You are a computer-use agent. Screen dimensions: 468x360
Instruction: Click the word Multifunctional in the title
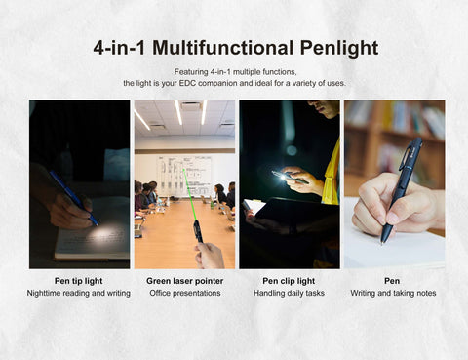tap(223, 48)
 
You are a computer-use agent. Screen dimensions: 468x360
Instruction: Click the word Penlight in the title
tap(339, 49)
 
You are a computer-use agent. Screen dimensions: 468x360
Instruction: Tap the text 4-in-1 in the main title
tap(119, 48)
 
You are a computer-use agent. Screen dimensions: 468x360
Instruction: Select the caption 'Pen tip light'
tap(78, 281)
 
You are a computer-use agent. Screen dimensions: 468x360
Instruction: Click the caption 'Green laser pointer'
tap(185, 281)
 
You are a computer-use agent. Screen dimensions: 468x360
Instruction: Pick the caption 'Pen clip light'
tap(289, 281)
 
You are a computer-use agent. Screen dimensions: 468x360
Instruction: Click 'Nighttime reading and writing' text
tap(78, 293)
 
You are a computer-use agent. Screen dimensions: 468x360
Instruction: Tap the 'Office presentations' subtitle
tap(185, 293)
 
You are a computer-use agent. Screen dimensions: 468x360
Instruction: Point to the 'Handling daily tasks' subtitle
tap(289, 293)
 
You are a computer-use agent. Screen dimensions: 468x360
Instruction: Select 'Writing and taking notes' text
tap(393, 293)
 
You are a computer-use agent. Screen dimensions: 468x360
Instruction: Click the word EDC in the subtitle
tap(187, 83)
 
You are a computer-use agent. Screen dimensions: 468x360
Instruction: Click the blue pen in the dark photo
tap(73, 197)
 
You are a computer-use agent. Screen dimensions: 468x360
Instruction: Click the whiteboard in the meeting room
tap(184, 177)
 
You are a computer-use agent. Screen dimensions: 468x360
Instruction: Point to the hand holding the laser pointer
tap(210, 256)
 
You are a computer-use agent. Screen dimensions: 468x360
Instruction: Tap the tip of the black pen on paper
tap(382, 243)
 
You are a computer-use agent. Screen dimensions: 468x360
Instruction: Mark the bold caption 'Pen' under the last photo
tap(392, 281)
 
